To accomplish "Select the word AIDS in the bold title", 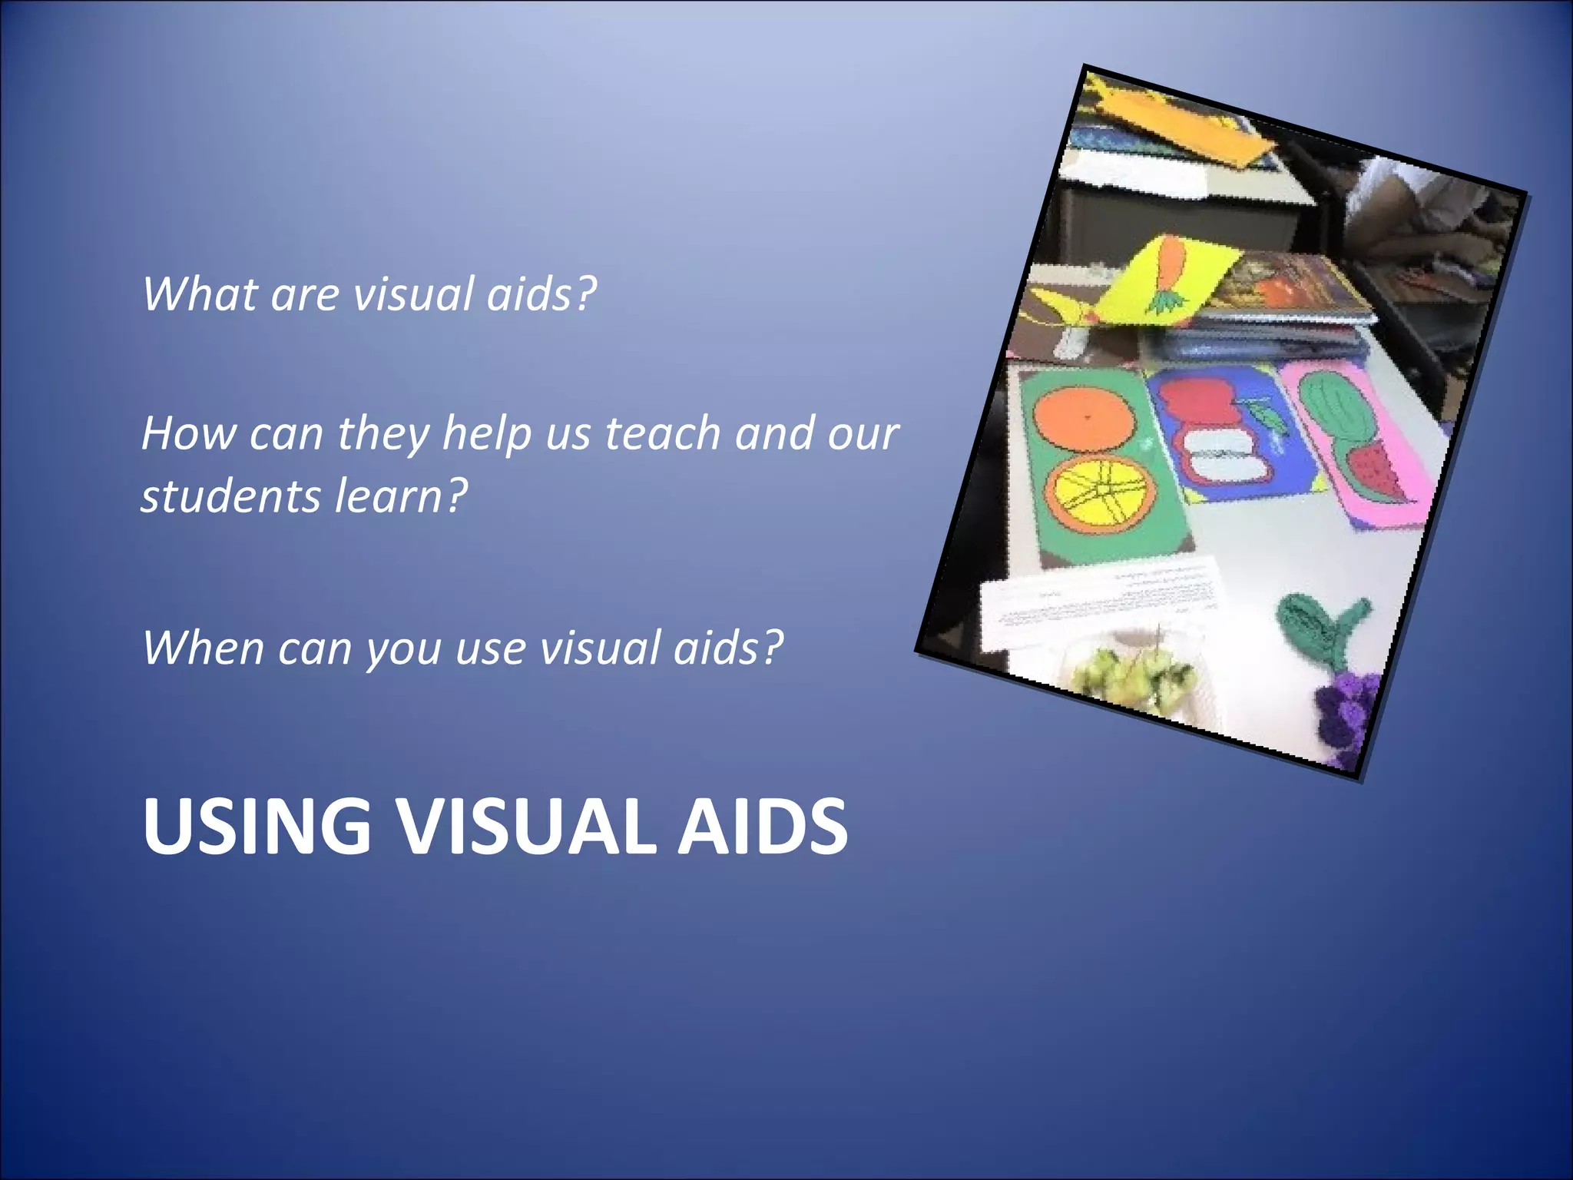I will pyautogui.click(x=762, y=826).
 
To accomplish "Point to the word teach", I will pyautogui.click(x=661, y=433).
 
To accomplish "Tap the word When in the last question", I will pyautogui.click(x=203, y=647).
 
